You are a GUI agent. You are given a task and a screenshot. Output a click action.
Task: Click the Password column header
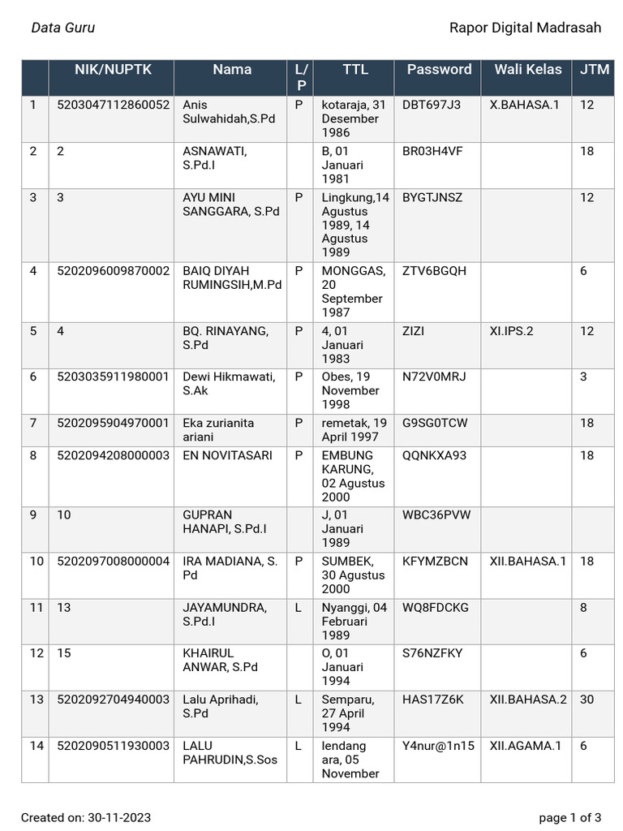coord(439,70)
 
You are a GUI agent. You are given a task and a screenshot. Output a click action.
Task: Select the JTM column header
coord(595,70)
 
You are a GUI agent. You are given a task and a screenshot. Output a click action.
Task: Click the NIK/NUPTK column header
coord(113,70)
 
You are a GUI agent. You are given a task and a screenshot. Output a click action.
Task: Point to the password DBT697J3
coord(431,105)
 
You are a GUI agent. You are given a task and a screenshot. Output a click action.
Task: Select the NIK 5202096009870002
coord(113,271)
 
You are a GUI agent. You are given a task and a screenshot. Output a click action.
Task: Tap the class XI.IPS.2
coord(511,331)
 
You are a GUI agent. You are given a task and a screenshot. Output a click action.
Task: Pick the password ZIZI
coord(413,331)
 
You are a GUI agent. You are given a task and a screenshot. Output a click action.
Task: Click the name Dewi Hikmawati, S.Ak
coord(229,384)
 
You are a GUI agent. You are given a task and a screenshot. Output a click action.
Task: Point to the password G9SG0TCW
coord(435,423)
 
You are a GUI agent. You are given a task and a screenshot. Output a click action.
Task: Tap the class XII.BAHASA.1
coord(527,562)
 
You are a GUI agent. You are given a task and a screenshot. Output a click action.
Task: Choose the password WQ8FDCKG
coord(435,608)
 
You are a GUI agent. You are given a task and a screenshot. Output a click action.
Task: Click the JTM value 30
coord(587,700)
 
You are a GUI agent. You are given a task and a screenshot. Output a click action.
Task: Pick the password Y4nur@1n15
coord(438,746)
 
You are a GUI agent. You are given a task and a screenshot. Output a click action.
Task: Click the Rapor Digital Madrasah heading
coord(525,28)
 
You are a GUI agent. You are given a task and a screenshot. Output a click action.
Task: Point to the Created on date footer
coord(86,817)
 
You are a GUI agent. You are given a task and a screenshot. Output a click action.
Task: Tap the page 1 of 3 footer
coord(569,817)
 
